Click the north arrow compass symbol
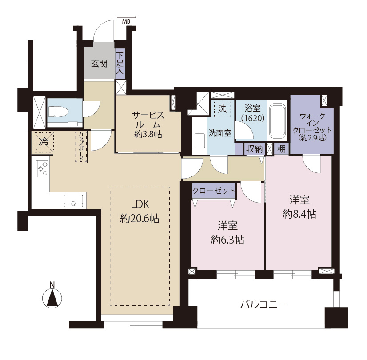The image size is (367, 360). coord(52,297)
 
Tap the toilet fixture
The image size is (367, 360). coord(58,112)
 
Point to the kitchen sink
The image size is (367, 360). coord(73,201)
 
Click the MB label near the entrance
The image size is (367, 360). coord(126,22)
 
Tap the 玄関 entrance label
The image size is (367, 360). coord(99,64)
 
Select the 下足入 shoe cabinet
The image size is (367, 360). coord(120,63)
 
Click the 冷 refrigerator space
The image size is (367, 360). coord(43,142)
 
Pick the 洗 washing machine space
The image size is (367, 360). coord(222,108)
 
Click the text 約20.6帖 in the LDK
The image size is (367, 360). coord(140,219)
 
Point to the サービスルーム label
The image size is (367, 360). coord(148,120)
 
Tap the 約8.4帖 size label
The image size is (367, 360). coord(299,214)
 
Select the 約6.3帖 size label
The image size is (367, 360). coord(227,240)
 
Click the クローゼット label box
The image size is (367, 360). coord(213,191)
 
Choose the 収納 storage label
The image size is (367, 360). coord(254,149)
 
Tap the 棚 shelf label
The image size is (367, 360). coord(282,149)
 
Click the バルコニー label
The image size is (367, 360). coord(264,304)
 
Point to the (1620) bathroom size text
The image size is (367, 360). coord(252,118)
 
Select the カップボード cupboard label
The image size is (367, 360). coord(81,146)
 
